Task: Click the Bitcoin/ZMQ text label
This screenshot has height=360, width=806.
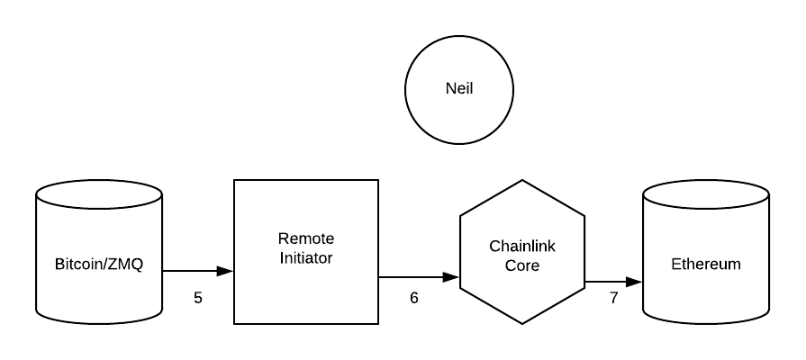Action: click(x=99, y=264)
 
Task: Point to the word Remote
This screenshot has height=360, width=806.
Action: click(x=305, y=238)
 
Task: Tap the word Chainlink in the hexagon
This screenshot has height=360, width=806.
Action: click(x=522, y=245)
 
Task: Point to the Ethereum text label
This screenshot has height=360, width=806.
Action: click(x=705, y=264)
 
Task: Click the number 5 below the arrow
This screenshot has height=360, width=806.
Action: click(x=198, y=297)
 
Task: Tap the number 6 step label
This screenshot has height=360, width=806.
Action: click(x=414, y=297)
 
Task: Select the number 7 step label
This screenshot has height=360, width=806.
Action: click(x=614, y=297)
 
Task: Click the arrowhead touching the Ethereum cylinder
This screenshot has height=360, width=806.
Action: click(x=634, y=282)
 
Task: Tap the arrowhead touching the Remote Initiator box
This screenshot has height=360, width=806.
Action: click(x=226, y=270)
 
